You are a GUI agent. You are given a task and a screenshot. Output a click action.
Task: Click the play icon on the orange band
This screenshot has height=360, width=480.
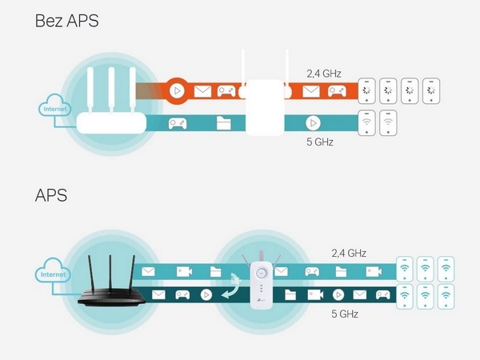pos(178,91)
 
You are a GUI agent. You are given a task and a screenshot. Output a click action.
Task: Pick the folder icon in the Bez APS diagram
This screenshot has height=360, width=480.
pos(224,123)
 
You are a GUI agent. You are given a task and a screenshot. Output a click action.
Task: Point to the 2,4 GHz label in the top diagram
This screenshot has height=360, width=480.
pos(324,74)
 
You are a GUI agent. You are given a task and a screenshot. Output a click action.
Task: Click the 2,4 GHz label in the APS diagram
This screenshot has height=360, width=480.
pos(349,253)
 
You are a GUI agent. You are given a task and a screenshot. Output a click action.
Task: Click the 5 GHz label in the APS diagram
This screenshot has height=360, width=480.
pos(346,314)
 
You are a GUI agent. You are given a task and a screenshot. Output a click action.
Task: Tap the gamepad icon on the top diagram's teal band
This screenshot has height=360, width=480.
pos(177,123)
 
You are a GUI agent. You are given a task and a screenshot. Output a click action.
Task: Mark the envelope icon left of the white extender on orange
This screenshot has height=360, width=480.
pos(202,91)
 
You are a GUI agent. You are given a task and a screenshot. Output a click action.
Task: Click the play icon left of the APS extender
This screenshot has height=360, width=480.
pos(206,294)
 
